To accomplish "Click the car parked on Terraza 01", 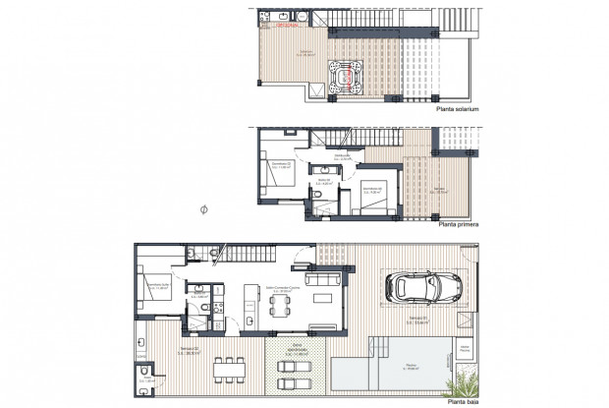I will click(424, 287).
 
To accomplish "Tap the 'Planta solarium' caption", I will click(458, 110).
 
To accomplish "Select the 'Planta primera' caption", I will click(458, 225).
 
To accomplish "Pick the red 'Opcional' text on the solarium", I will click(287, 27).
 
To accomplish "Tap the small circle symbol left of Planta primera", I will click(203, 209).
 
